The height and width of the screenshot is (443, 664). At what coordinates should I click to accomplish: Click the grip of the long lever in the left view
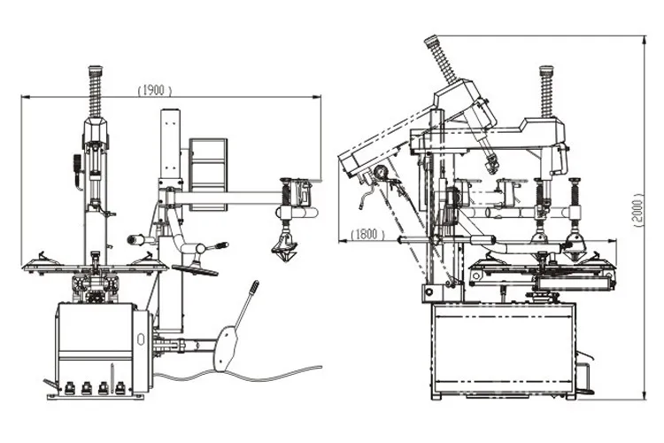click(x=253, y=290)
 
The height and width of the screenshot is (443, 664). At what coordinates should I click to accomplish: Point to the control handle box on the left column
click(x=76, y=168)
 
